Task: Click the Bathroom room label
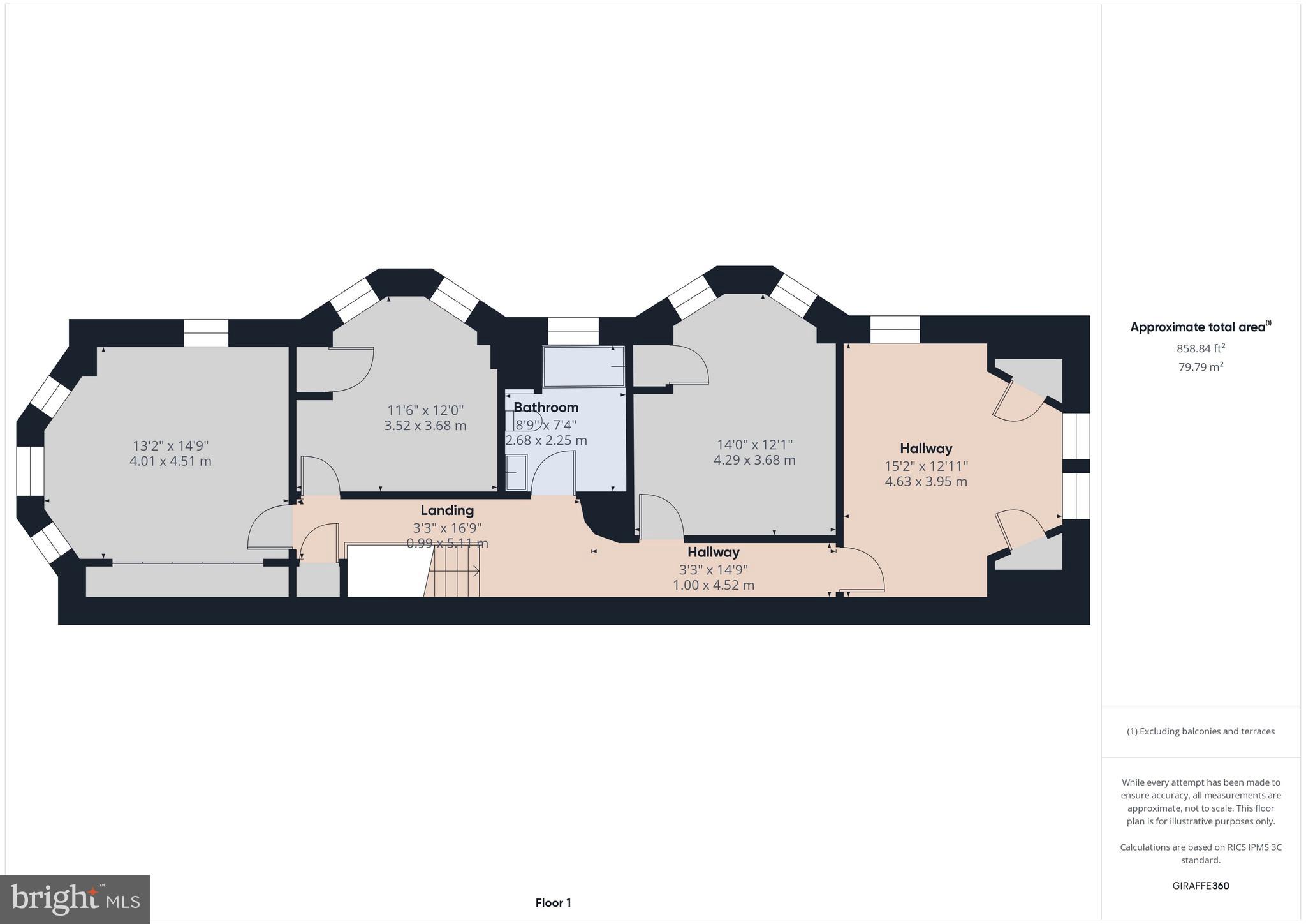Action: [546, 407]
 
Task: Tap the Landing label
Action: [447, 510]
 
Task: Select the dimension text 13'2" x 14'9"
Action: [170, 445]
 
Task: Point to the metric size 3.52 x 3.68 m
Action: [425, 426]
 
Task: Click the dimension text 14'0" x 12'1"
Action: [754, 444]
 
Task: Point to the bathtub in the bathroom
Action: [583, 366]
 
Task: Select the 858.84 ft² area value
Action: [1201, 348]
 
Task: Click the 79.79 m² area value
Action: [1201, 367]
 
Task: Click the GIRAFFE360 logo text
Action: [1201, 886]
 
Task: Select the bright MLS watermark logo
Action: [75, 899]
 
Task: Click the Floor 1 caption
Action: [553, 903]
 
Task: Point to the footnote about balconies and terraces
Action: [1201, 731]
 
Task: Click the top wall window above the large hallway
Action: [895, 329]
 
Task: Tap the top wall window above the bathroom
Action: [573, 331]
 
